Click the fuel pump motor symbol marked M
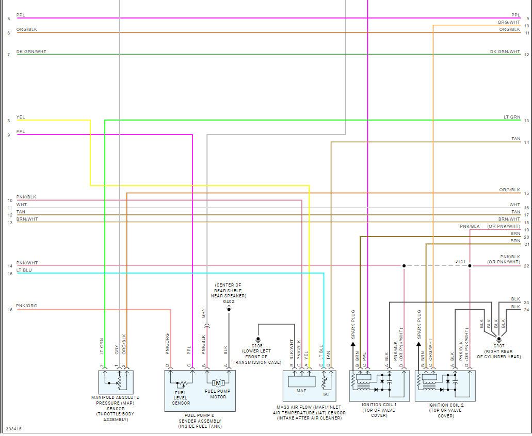click(x=218, y=383)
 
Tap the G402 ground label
click(x=229, y=301)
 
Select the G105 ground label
click(x=257, y=345)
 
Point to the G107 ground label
click(x=498, y=345)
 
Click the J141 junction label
click(x=460, y=261)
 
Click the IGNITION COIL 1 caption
click(x=379, y=405)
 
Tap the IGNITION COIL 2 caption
click(x=446, y=405)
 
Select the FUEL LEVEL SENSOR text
click(x=181, y=398)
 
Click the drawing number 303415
click(x=14, y=429)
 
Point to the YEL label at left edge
click(x=20, y=117)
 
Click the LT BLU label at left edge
click(x=24, y=270)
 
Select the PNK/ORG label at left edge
click(x=26, y=306)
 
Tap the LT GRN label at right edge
click(x=512, y=118)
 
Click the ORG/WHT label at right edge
click(x=509, y=22)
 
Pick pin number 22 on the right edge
click(x=526, y=266)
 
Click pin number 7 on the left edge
click(x=9, y=55)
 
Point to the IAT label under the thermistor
click(x=327, y=394)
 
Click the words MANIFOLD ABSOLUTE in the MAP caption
click(x=115, y=398)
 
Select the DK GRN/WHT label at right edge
click(x=505, y=52)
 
